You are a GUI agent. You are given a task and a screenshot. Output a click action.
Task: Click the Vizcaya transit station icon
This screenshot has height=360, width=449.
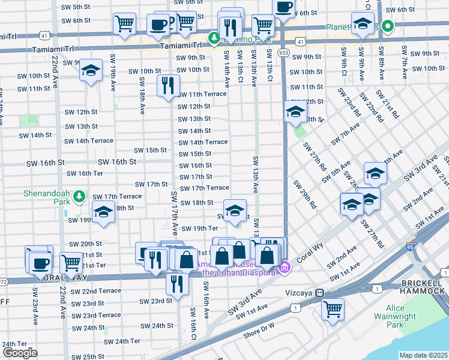[x=321, y=293]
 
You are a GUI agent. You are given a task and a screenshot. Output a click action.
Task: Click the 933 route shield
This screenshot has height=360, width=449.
[x=284, y=53]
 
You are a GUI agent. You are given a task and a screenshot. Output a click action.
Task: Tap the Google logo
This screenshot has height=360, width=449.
[x=19, y=353]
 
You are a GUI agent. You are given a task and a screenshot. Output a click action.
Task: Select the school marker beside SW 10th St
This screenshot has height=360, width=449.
[x=91, y=71]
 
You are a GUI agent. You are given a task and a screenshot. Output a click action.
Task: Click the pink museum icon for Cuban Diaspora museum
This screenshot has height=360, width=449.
[x=285, y=267]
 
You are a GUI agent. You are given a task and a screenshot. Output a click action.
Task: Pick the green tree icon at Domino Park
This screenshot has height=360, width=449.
[x=213, y=38]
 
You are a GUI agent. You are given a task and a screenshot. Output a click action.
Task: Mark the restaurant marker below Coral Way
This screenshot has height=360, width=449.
[x=176, y=284]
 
